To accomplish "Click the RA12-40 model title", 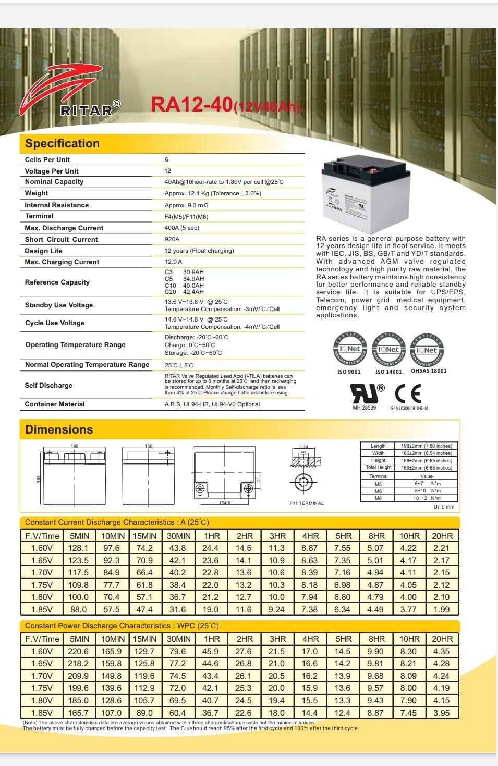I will pyautogui.click(x=225, y=104).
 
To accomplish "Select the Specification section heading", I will pyautogui.click(x=62, y=144).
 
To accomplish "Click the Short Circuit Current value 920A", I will pyautogui.click(x=172, y=239).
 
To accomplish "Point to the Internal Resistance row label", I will pyautogui.click(x=57, y=205).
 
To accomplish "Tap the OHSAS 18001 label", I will pyautogui.click(x=429, y=371).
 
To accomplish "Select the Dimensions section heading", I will pyautogui.click(x=59, y=430).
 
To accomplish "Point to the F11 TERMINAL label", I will pyautogui.click(x=307, y=503).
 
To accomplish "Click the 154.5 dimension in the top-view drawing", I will pyautogui.click(x=225, y=503).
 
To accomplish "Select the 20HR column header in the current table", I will pyautogui.click(x=442, y=536).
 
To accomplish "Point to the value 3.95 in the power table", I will pyautogui.click(x=442, y=713).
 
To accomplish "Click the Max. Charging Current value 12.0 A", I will pyautogui.click(x=174, y=262).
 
